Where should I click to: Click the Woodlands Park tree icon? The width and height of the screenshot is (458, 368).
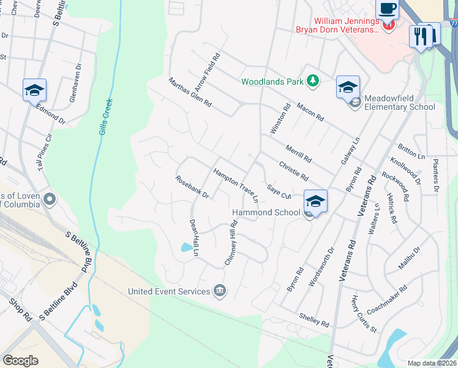click(x=313, y=81)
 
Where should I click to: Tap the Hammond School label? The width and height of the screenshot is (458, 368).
click(x=266, y=212)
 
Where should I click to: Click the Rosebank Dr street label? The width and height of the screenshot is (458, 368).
click(x=192, y=188)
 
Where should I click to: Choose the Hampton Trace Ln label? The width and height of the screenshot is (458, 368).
click(x=236, y=186)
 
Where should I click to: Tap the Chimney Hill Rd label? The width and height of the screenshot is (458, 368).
click(x=231, y=243)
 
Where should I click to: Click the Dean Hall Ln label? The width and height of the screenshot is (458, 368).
click(x=195, y=237)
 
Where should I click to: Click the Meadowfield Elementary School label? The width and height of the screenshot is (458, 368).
click(x=399, y=102)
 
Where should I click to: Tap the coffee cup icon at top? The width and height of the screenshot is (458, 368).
click(x=387, y=9)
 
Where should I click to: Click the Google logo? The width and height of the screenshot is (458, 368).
click(x=21, y=360)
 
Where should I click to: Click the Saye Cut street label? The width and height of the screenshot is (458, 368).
click(x=278, y=191)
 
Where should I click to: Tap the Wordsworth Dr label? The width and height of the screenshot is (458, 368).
click(x=322, y=266)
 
